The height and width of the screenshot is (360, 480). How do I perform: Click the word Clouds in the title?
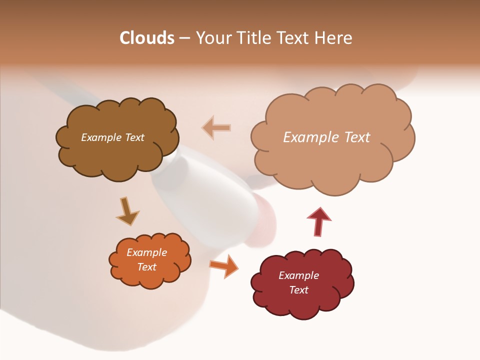(147, 38)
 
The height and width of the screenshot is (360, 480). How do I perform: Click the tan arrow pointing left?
(216, 127)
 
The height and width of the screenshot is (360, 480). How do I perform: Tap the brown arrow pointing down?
(127, 211)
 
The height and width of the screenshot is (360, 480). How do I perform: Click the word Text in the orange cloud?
(147, 267)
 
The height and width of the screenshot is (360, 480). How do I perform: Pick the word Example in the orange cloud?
(147, 252)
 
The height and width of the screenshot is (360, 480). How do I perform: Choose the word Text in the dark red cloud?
(298, 290)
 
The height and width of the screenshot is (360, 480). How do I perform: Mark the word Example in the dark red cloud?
(298, 275)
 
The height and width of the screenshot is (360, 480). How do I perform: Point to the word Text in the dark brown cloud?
(134, 137)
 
